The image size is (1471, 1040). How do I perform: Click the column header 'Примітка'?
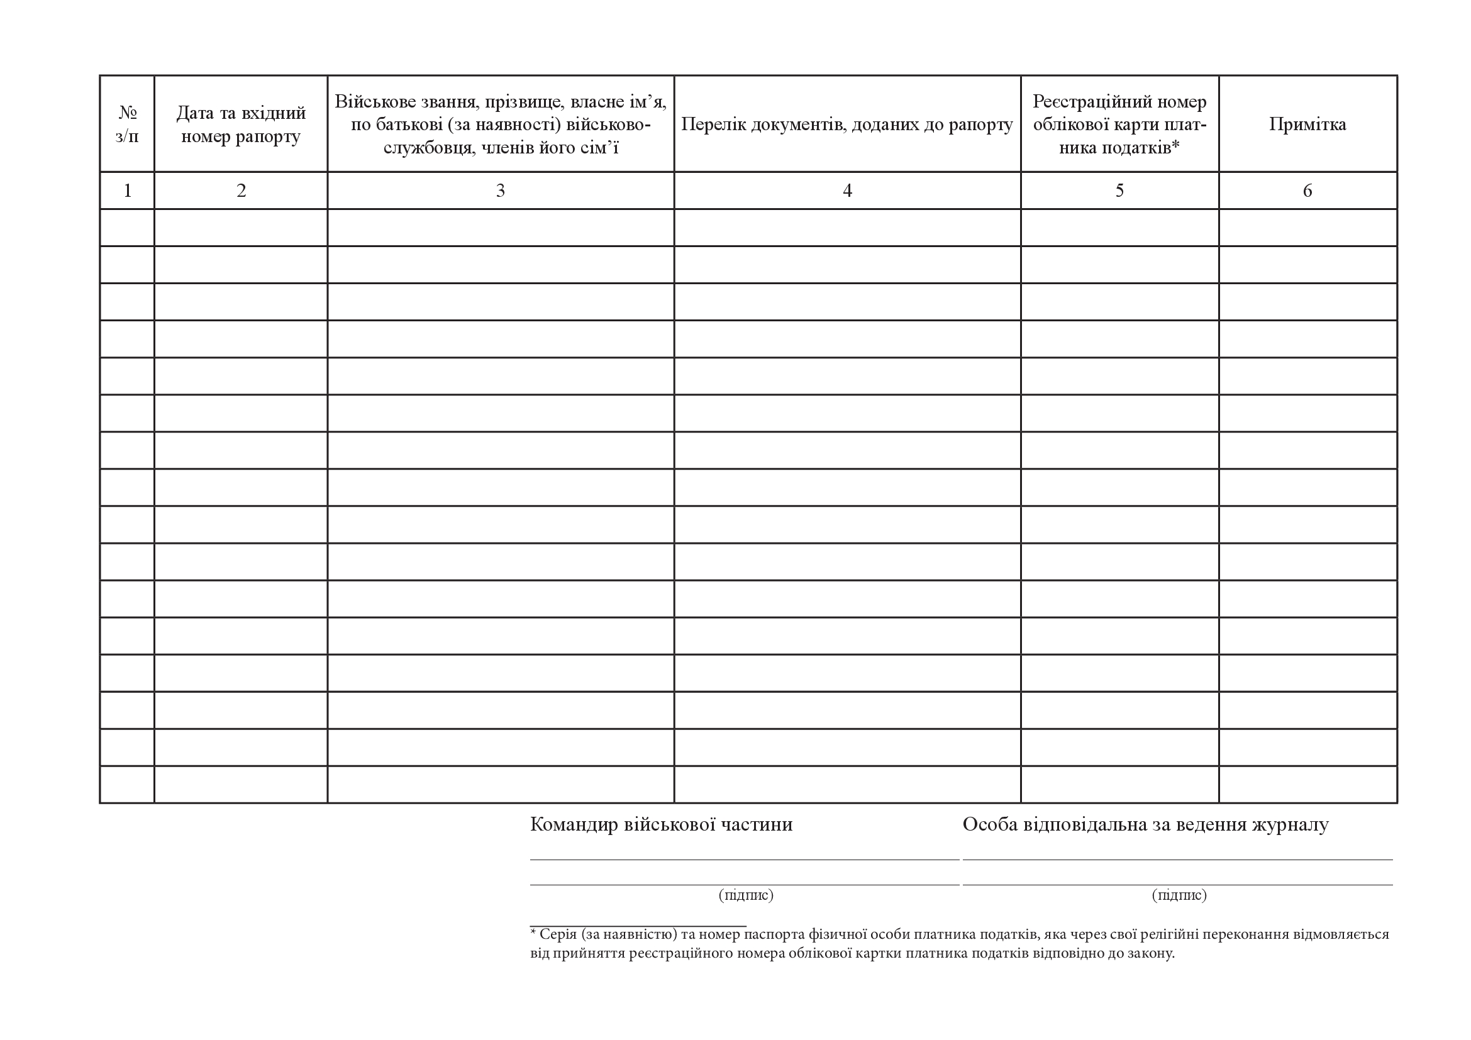tap(1307, 124)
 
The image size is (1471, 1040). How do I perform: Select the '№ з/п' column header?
tap(127, 124)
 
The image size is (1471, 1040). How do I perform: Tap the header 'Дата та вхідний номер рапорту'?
tap(241, 124)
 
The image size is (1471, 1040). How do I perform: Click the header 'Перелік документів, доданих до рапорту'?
tap(847, 124)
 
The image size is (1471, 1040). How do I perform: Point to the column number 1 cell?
tap(127, 190)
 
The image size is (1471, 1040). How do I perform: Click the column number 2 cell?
tap(241, 190)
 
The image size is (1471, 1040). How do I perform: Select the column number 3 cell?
tap(501, 190)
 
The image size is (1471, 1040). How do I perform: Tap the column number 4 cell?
tap(847, 190)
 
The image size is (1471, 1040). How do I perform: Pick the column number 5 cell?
tap(1119, 190)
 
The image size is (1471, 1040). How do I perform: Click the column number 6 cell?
tap(1307, 190)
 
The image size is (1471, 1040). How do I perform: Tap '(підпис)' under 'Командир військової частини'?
tap(746, 895)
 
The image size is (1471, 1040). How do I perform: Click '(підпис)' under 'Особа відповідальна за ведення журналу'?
tap(1179, 895)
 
